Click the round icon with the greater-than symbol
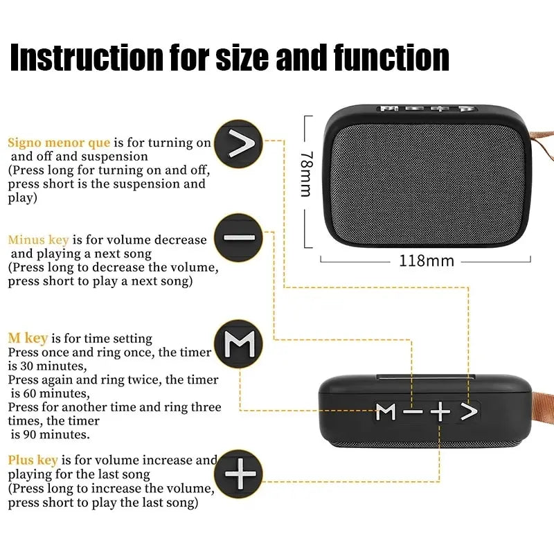pyautogui.click(x=239, y=144)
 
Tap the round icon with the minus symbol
pyautogui.click(x=239, y=238)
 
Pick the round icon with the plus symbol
pyautogui.click(x=240, y=475)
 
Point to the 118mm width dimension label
pyautogui.click(x=427, y=261)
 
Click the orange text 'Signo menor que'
pyautogui.click(x=59, y=143)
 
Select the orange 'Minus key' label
pyautogui.click(x=38, y=240)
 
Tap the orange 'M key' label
pyautogui.click(x=28, y=339)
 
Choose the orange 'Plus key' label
pyautogui.click(x=33, y=460)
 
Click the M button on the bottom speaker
pyautogui.click(x=386, y=412)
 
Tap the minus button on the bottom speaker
pyautogui.click(x=413, y=412)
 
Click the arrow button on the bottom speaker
pyautogui.click(x=469, y=412)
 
